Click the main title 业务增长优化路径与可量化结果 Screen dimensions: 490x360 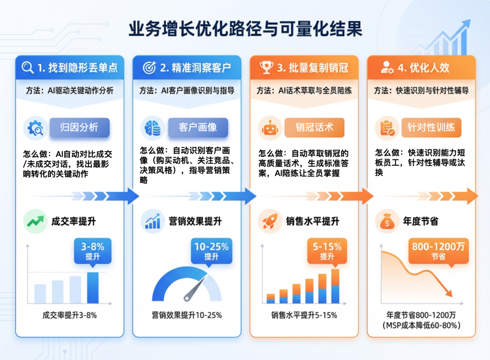[x=245, y=29]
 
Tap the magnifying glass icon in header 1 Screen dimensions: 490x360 [x=28, y=68]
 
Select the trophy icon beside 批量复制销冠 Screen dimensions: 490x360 [x=266, y=68]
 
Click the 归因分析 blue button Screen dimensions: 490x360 [x=79, y=128]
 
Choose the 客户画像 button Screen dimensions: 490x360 [x=198, y=128]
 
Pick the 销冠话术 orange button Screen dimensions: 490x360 [x=314, y=128]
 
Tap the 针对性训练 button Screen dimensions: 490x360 [x=431, y=128]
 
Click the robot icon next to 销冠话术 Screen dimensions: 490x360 [x=270, y=128]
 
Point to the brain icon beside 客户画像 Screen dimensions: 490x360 [x=153, y=128]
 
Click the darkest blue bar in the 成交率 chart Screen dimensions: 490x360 [x=93, y=288]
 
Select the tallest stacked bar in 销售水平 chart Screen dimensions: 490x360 [x=335, y=286]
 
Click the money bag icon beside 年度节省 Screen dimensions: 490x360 [x=387, y=222]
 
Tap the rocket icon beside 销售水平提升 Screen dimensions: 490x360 [x=270, y=222]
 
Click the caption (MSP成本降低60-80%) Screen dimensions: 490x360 [x=421, y=325]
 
